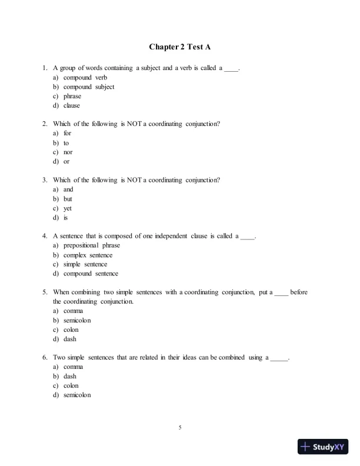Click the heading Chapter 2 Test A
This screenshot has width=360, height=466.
pos(179,46)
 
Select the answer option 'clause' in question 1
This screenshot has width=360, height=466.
pos(72,106)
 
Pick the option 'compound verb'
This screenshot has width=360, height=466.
pos(85,78)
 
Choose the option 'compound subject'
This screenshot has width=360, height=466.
pos(89,87)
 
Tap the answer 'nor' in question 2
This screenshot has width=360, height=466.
pos(68,152)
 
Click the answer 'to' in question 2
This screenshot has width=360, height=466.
pos(66,143)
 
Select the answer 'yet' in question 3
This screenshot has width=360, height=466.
pos(68,208)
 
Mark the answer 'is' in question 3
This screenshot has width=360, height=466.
pos(66,218)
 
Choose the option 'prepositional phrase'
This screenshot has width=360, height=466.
pos(91,245)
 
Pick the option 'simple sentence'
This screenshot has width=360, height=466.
pos(85,264)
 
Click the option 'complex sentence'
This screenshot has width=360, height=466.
pos(88,255)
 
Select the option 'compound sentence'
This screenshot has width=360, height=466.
pos(91,274)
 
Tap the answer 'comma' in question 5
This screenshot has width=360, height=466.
pos(73,311)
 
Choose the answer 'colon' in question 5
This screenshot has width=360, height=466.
pos(71,329)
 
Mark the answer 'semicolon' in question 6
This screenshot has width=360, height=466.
pos(77,395)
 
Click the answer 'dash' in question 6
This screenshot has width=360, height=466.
pos(70,376)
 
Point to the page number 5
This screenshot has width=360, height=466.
pos(180,427)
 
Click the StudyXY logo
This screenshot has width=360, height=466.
pos(324,447)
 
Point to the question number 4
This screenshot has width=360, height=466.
pos(45,236)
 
